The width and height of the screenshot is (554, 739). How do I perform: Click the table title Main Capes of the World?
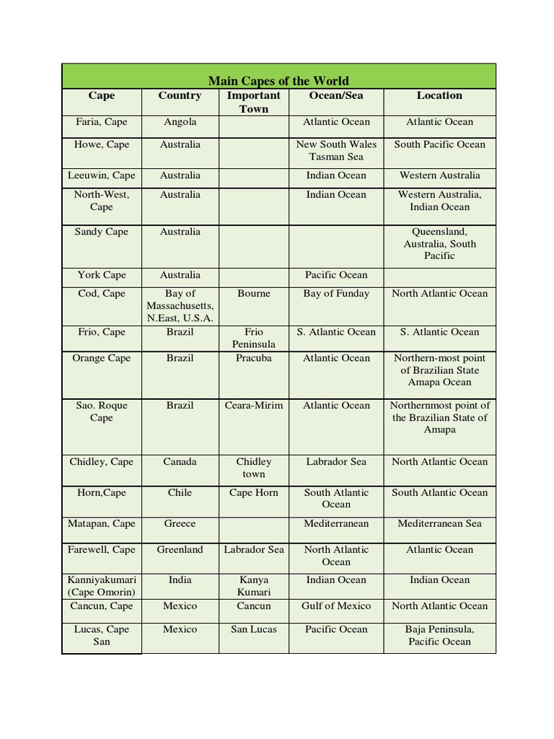(x=278, y=81)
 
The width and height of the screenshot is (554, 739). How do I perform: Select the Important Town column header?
(x=254, y=102)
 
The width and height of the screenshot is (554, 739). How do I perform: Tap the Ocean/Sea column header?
(x=336, y=95)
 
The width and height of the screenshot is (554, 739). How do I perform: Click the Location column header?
(x=439, y=95)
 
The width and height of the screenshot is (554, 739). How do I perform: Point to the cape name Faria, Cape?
(x=102, y=122)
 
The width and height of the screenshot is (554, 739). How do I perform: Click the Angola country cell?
(x=180, y=122)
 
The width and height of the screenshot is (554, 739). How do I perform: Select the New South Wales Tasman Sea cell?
(x=336, y=150)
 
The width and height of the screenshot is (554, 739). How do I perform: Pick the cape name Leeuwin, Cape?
(x=102, y=175)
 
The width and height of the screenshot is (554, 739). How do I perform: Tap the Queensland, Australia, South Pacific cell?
(x=439, y=244)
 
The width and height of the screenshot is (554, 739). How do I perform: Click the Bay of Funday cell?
(x=336, y=294)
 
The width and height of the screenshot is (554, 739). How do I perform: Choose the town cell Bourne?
(x=254, y=294)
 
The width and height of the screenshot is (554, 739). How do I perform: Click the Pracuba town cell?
(x=254, y=358)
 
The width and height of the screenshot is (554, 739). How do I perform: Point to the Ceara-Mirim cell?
(x=254, y=406)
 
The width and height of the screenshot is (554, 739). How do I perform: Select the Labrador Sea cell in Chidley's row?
(x=336, y=462)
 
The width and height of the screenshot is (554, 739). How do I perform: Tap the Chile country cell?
(x=180, y=493)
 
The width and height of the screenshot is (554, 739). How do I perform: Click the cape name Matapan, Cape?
(x=102, y=524)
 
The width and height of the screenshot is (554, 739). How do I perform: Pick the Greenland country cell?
(x=180, y=550)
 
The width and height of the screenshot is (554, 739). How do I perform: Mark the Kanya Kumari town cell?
(x=254, y=586)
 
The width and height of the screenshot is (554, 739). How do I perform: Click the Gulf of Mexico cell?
(x=336, y=606)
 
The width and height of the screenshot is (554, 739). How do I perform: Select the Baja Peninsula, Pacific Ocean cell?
(x=439, y=635)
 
